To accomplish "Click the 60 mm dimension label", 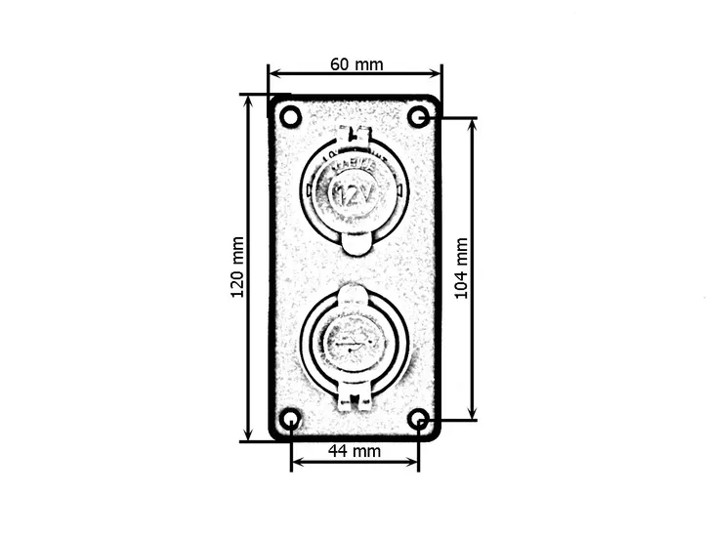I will [x=356, y=64].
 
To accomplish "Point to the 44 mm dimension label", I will [x=354, y=450].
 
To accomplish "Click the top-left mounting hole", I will [x=290, y=117].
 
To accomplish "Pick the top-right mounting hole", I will [x=418, y=117].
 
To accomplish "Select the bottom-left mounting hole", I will [x=290, y=420].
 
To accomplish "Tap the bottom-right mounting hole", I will [x=418, y=420].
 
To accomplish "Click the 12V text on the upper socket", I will [x=354, y=195].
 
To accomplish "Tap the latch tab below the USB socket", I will [x=355, y=395].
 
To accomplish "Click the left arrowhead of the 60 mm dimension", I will [x=273, y=73].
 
